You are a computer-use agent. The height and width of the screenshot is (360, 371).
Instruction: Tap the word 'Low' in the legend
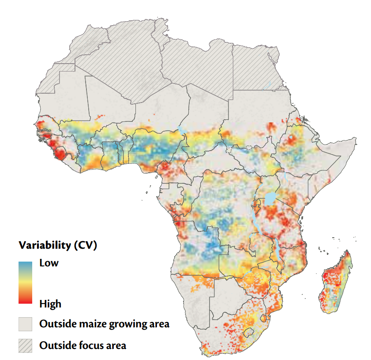click(x=49, y=263)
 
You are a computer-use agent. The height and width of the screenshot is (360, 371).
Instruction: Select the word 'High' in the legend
click(x=50, y=304)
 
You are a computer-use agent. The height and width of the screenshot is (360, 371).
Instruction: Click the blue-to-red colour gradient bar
click(x=25, y=282)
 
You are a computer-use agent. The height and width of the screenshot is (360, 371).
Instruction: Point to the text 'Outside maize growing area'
click(x=104, y=324)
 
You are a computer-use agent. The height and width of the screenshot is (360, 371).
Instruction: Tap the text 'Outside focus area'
click(x=83, y=345)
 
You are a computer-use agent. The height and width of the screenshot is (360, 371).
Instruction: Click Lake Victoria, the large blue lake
click(x=270, y=199)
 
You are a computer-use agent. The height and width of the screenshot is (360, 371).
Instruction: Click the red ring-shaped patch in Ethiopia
click(x=292, y=140)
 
